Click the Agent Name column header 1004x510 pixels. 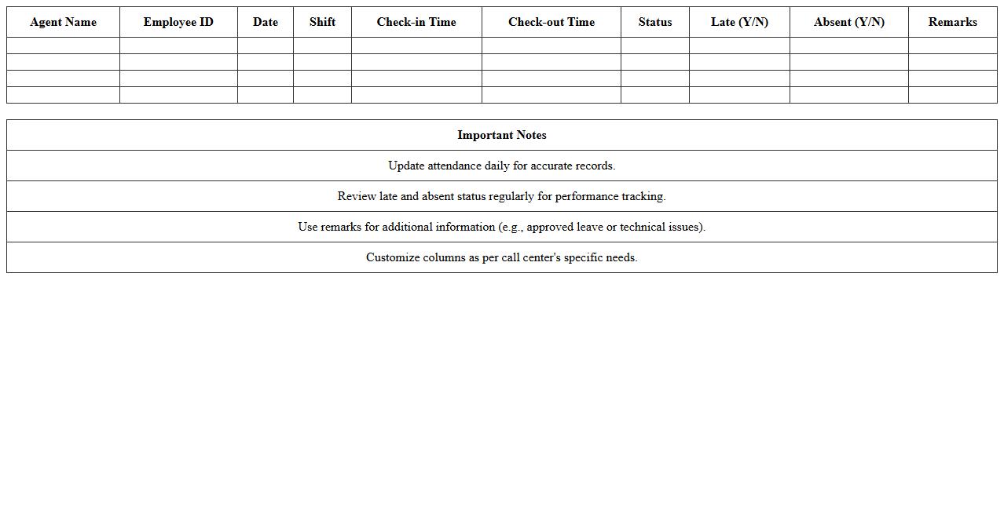[63, 22]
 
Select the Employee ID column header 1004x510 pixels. [178, 22]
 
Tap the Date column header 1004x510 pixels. [266, 22]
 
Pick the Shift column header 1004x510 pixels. [322, 22]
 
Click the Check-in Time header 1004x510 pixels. [416, 22]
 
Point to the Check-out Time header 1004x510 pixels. [551, 22]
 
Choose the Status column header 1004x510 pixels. [655, 22]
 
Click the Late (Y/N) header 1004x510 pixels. [739, 22]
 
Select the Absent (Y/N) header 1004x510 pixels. [849, 22]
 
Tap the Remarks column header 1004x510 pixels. [953, 22]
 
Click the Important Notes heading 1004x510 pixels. [502, 135]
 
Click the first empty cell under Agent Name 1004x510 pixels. [63, 46]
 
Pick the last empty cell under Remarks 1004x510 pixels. [953, 95]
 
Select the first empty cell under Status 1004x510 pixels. [655, 46]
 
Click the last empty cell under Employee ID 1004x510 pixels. [178, 95]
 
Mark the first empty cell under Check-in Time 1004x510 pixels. [416, 46]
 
